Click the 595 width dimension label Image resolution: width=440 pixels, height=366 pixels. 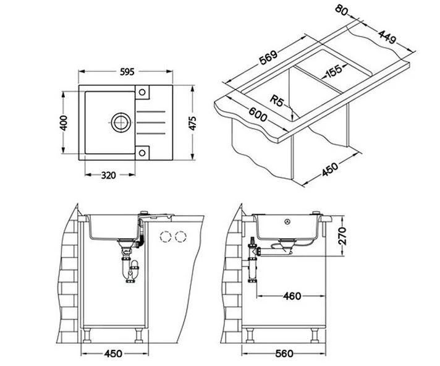tap(127, 72)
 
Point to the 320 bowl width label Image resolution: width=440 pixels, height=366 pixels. tap(108, 175)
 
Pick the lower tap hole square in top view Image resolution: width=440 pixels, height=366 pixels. tap(142, 152)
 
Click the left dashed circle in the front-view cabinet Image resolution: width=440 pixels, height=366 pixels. tap(166, 236)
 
